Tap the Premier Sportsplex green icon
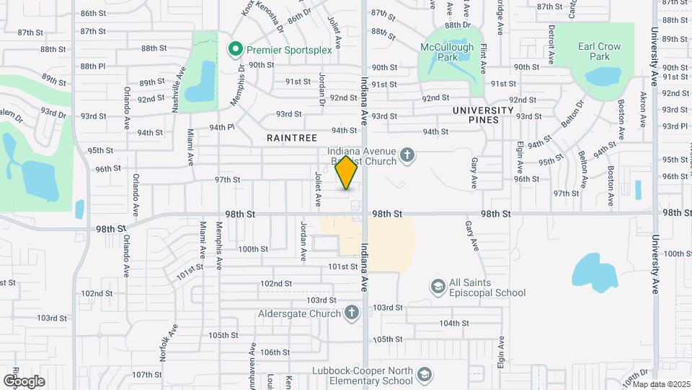click(x=234, y=49)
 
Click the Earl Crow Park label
click(x=600, y=51)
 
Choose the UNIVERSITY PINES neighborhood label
click(x=483, y=115)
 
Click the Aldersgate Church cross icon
click(x=351, y=313)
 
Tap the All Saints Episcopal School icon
click(x=438, y=287)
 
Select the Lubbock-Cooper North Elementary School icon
click(x=425, y=374)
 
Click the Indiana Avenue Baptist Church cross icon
click(x=407, y=154)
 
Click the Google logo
click(x=24, y=381)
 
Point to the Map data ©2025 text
click(x=661, y=383)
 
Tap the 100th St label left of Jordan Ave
click(x=253, y=248)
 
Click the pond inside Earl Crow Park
click(x=603, y=76)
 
